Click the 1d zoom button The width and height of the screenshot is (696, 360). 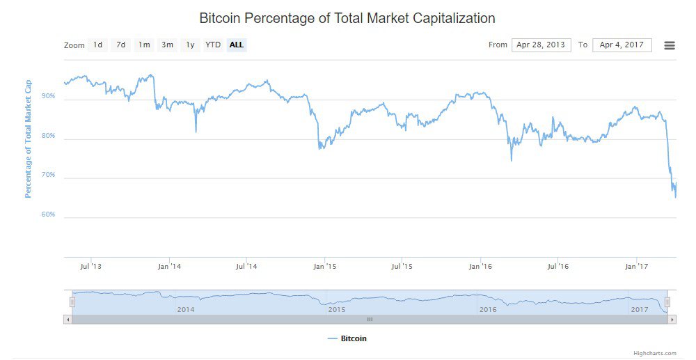[98, 45]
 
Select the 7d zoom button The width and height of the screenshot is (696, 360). [121, 45]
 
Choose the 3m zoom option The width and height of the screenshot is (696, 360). [167, 45]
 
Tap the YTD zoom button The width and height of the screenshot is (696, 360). [213, 45]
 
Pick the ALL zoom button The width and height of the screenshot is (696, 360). [237, 45]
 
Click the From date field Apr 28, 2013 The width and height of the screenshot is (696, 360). [541, 45]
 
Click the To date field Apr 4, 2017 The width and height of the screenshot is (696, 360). [622, 45]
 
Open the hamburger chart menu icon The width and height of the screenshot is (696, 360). [670, 45]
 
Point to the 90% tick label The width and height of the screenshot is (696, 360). [48, 97]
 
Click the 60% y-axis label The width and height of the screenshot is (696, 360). [48, 214]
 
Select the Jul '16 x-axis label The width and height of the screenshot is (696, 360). [558, 266]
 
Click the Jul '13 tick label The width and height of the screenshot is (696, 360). [91, 266]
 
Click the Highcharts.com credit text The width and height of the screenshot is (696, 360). [654, 354]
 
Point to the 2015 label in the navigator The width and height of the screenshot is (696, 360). [337, 309]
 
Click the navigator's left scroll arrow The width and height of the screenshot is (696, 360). [67, 320]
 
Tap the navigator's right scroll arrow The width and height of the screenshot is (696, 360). [672, 320]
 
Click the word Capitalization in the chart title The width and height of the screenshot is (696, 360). [445, 18]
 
